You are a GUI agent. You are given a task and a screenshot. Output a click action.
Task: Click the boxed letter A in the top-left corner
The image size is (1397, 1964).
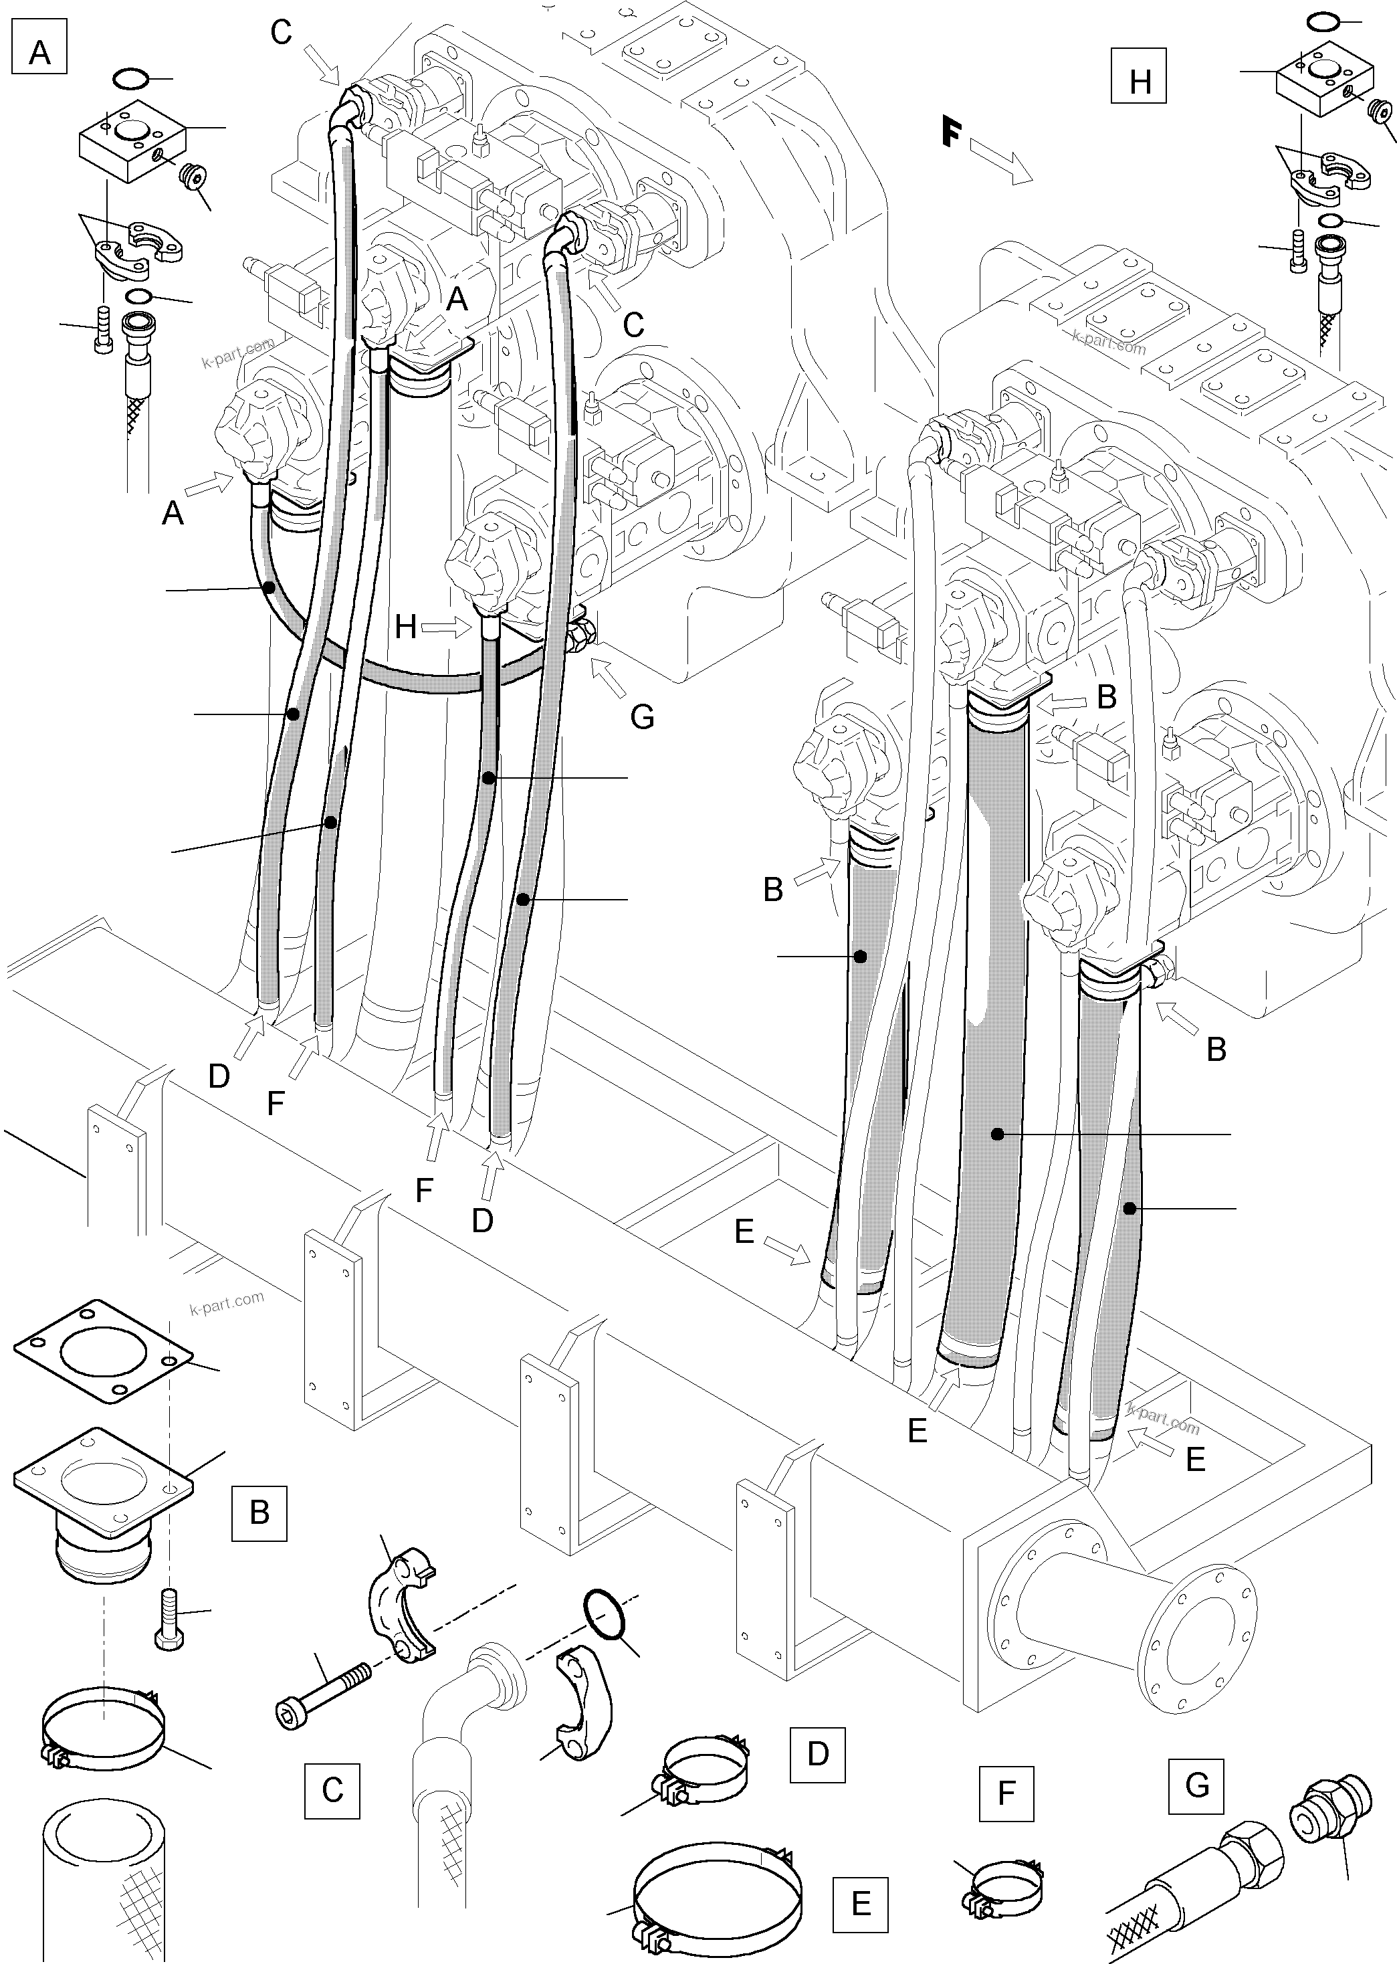[x=39, y=52]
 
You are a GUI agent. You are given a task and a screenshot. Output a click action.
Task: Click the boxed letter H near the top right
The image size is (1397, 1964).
[x=1140, y=82]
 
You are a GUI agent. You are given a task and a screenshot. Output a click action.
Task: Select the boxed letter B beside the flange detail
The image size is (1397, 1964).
[x=259, y=1512]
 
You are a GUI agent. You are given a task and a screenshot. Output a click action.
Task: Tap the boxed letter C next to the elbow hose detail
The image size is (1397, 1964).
[x=332, y=1790]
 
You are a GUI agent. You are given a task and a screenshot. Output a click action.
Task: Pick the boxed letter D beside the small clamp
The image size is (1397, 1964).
[x=817, y=1753]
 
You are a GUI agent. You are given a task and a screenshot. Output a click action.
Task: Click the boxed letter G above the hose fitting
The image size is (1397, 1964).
[x=1196, y=1785]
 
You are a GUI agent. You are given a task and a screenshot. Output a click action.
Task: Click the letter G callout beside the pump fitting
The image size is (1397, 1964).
[x=642, y=716]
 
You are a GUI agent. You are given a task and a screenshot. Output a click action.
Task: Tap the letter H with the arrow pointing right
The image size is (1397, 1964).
[x=406, y=627]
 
